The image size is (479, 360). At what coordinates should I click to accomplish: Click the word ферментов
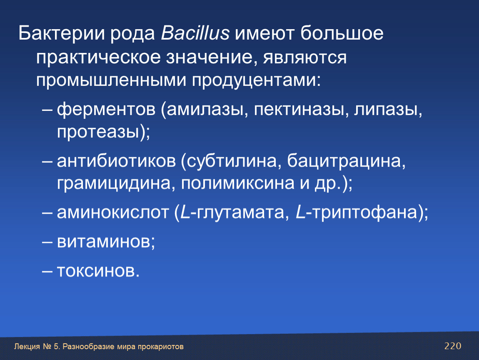pos(106,109)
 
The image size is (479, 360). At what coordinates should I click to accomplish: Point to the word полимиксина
pos(238,183)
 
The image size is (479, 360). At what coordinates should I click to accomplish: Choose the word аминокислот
pos(113,212)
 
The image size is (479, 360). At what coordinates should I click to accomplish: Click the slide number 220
pos(453,346)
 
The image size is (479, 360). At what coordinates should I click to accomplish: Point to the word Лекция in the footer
pos(27,347)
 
